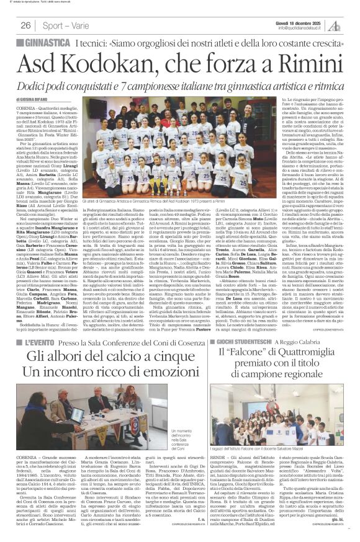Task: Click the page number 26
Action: pyautogui.click(x=25, y=25)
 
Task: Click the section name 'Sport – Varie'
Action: pyautogui.click(x=63, y=25)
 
